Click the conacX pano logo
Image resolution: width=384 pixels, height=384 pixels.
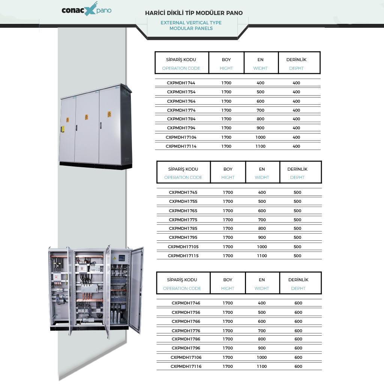(87, 9)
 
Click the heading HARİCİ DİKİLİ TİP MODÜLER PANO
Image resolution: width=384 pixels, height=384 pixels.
(194, 13)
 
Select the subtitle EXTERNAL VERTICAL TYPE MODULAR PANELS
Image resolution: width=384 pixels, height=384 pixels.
(191, 25)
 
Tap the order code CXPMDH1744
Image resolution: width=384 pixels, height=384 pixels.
(181, 83)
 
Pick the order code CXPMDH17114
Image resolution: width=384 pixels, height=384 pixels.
(181, 146)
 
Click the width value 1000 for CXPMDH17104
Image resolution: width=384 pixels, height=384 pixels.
(260, 137)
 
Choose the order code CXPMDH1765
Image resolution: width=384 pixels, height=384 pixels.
(183, 211)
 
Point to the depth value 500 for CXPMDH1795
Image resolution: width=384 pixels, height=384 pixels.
(297, 237)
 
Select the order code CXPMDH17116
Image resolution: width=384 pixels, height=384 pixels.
(186, 366)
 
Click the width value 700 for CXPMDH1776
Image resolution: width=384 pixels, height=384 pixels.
(261, 331)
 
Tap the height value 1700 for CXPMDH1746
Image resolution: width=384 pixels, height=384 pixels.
(228, 303)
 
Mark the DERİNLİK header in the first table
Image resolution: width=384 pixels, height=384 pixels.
(296, 60)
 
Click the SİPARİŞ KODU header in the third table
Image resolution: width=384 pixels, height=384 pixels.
(182, 280)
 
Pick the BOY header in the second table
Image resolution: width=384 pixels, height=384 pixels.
(228, 169)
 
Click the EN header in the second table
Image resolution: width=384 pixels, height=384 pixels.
(262, 169)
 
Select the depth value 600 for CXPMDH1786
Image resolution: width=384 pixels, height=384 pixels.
(298, 339)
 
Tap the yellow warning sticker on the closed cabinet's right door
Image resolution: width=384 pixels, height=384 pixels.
(109, 114)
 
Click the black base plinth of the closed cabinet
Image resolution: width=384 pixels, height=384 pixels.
(96, 165)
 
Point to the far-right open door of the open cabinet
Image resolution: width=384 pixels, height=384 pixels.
(136, 290)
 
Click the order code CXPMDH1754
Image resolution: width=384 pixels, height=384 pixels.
(181, 92)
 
